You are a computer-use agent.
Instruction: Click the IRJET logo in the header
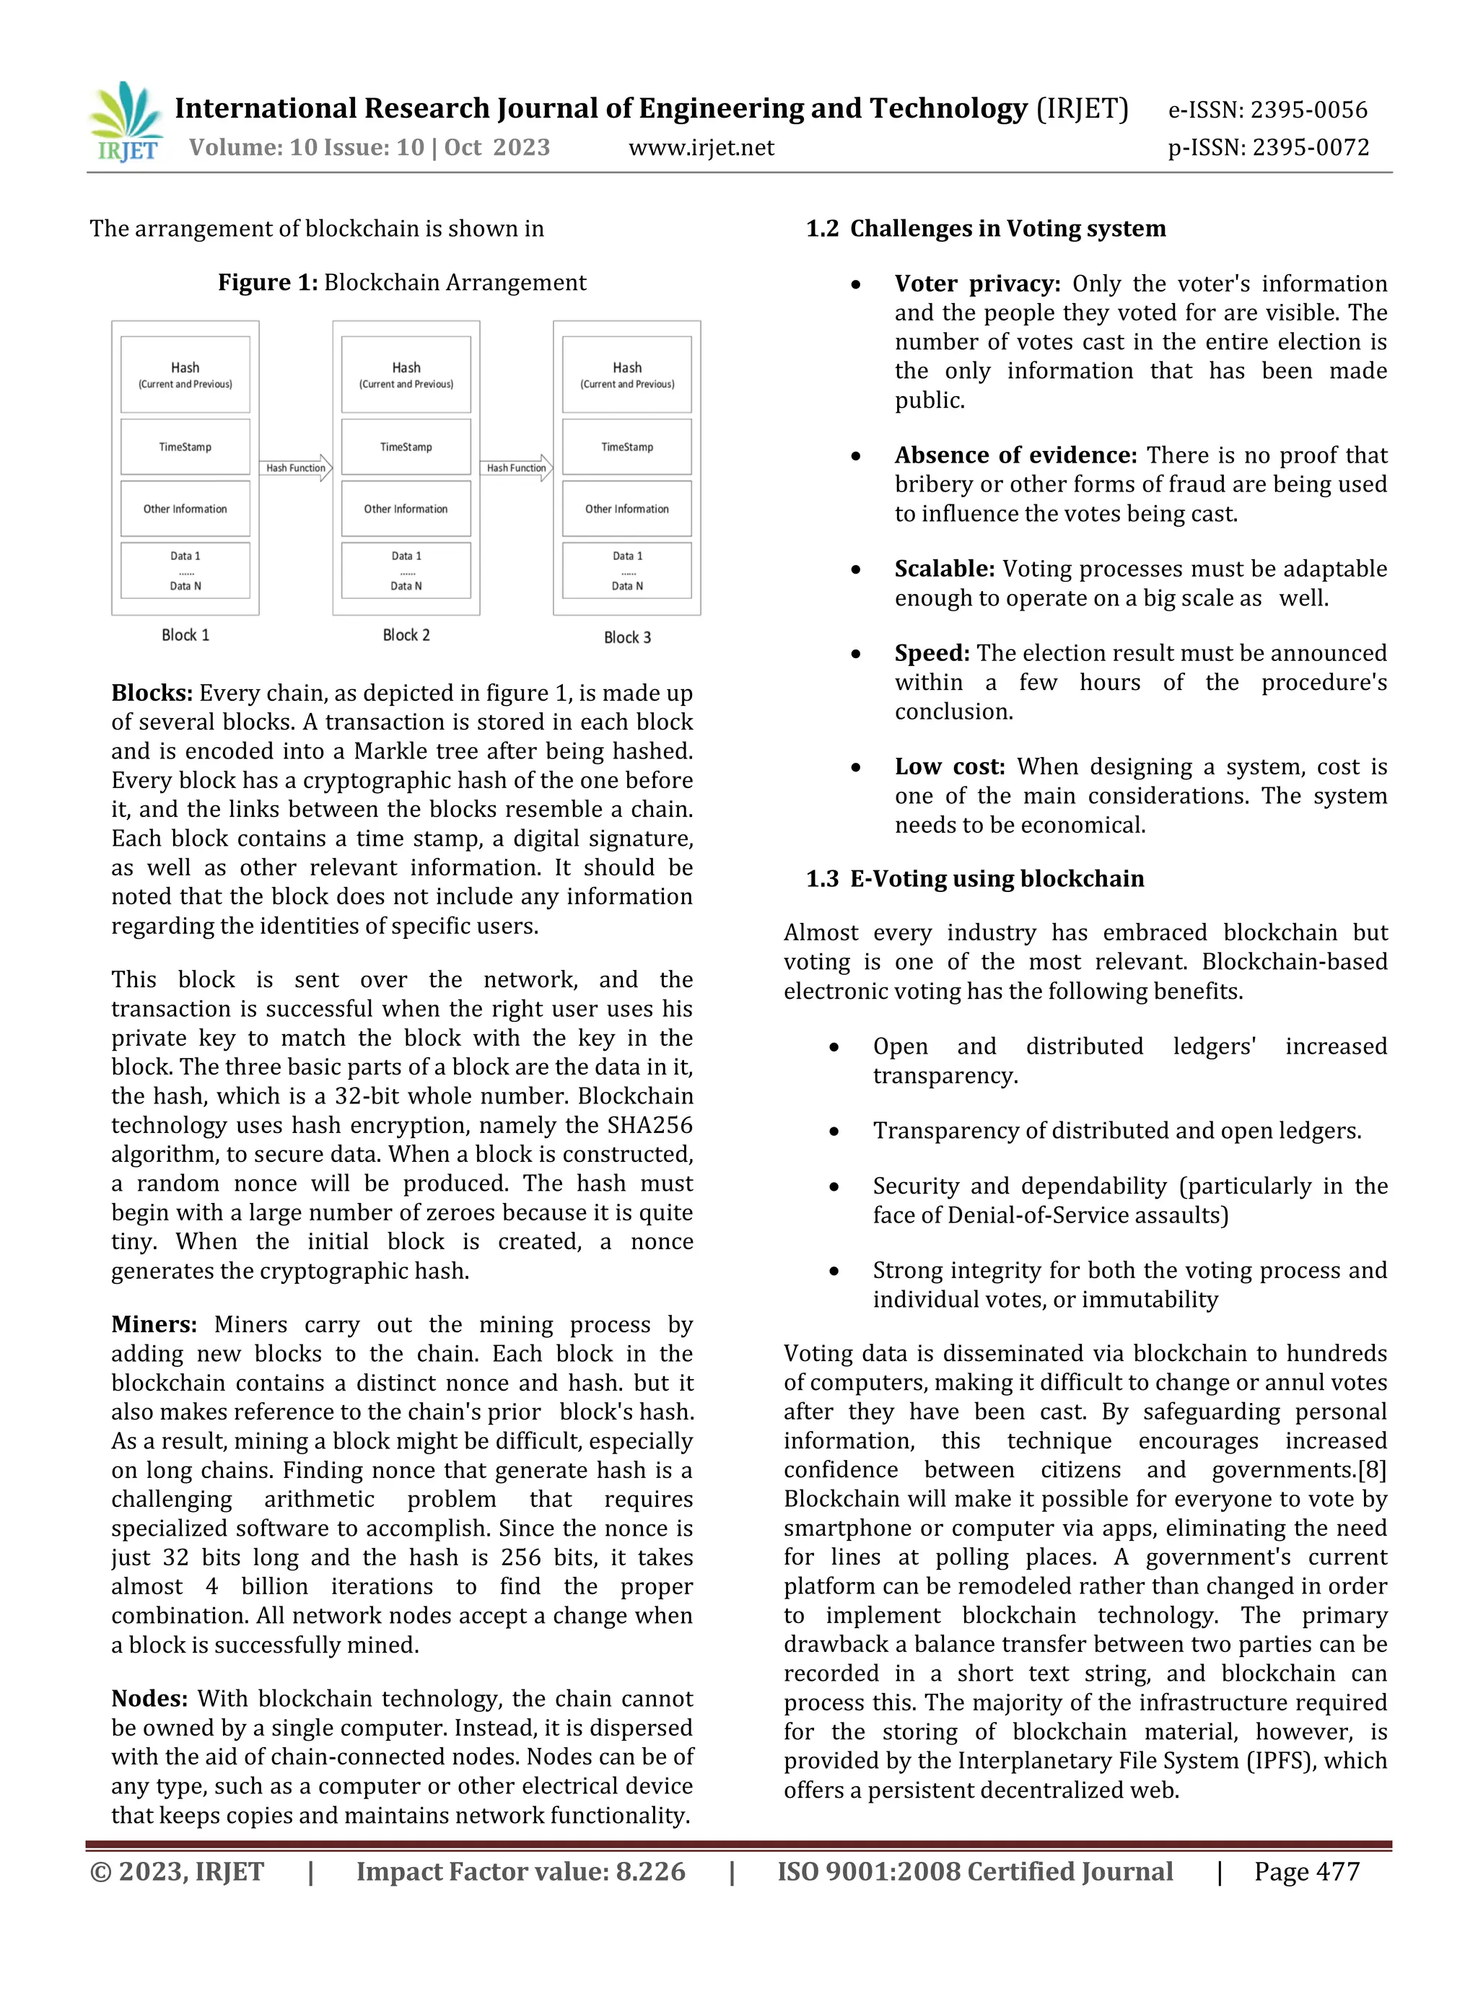126,123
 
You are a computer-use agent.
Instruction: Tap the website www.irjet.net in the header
701,148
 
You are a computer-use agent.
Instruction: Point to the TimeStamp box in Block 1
185,447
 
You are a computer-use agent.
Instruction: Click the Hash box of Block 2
406,374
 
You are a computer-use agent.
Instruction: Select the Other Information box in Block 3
626,508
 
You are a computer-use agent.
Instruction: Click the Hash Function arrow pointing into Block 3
518,468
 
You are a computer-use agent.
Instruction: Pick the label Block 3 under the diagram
627,637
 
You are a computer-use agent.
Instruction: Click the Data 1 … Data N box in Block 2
406,570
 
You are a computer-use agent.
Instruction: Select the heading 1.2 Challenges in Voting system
985,228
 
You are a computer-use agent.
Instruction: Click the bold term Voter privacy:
977,284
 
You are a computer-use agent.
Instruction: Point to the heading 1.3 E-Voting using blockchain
974,879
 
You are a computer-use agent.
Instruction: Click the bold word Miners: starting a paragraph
154,1324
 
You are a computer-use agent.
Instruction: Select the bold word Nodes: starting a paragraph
149,1698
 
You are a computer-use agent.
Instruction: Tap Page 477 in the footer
1306,1872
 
